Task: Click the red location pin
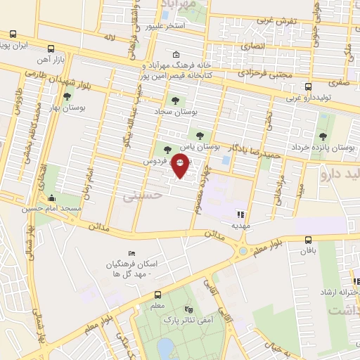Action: click(181, 167)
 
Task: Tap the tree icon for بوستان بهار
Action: click(67, 98)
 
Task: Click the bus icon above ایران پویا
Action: click(13, 34)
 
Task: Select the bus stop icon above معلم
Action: click(157, 295)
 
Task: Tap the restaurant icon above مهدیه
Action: click(240, 214)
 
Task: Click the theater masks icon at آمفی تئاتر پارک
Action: click(188, 309)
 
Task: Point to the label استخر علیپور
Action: click(165, 27)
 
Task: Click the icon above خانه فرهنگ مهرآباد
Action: click(176, 54)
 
